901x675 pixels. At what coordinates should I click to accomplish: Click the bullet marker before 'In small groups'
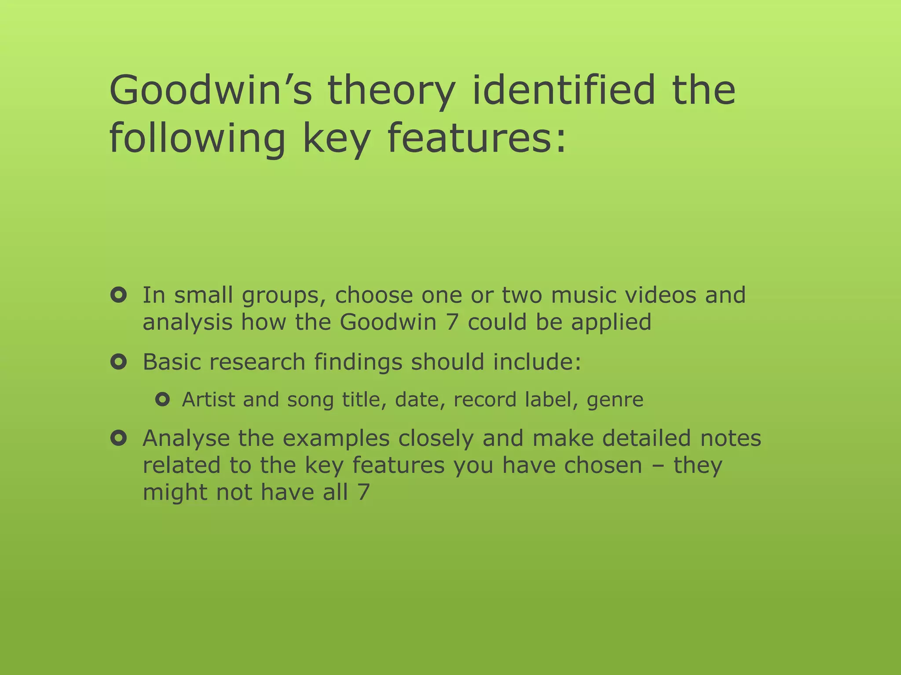click(x=119, y=295)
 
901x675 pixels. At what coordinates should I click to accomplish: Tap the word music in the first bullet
click(x=583, y=295)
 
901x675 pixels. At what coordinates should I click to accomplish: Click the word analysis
click(x=187, y=323)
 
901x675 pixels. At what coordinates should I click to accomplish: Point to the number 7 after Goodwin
click(x=452, y=322)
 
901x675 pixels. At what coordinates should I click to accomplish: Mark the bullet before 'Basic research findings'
click(x=119, y=362)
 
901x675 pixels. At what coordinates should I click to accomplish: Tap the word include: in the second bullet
click(x=537, y=362)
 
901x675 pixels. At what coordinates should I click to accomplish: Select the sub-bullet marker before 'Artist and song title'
click(x=162, y=400)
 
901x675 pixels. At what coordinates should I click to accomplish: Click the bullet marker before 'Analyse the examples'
click(x=119, y=438)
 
